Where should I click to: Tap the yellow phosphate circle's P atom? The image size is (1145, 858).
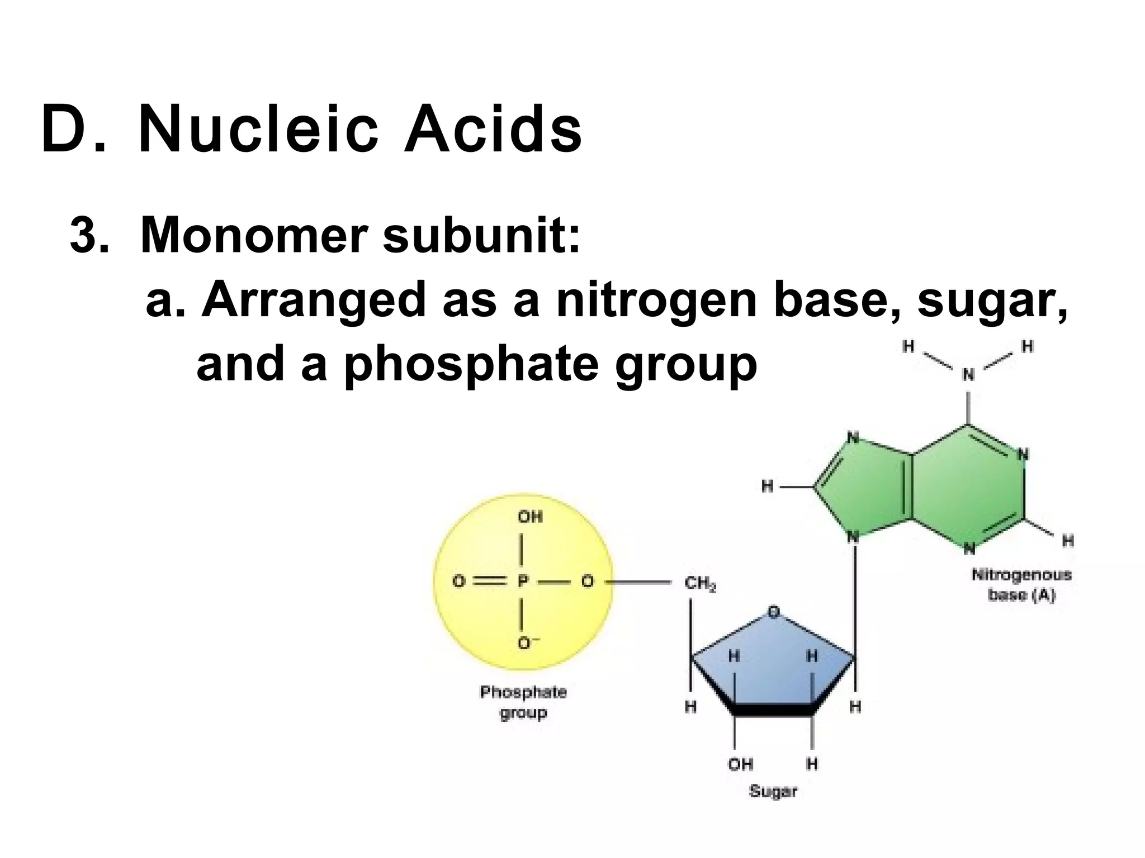[x=523, y=582]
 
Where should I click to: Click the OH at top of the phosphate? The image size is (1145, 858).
[x=530, y=517]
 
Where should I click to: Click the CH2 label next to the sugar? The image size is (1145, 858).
[x=700, y=584]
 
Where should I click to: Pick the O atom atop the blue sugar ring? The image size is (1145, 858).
[x=773, y=612]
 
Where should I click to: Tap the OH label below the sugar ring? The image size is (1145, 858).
[x=740, y=764]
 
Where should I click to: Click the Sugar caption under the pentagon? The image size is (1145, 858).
[x=773, y=791]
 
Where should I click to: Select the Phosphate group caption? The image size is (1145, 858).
[x=523, y=702]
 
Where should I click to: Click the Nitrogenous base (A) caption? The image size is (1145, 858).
[x=1021, y=584]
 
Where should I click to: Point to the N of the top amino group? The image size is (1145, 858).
[x=968, y=374]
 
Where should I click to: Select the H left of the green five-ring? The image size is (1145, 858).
[x=768, y=487]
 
